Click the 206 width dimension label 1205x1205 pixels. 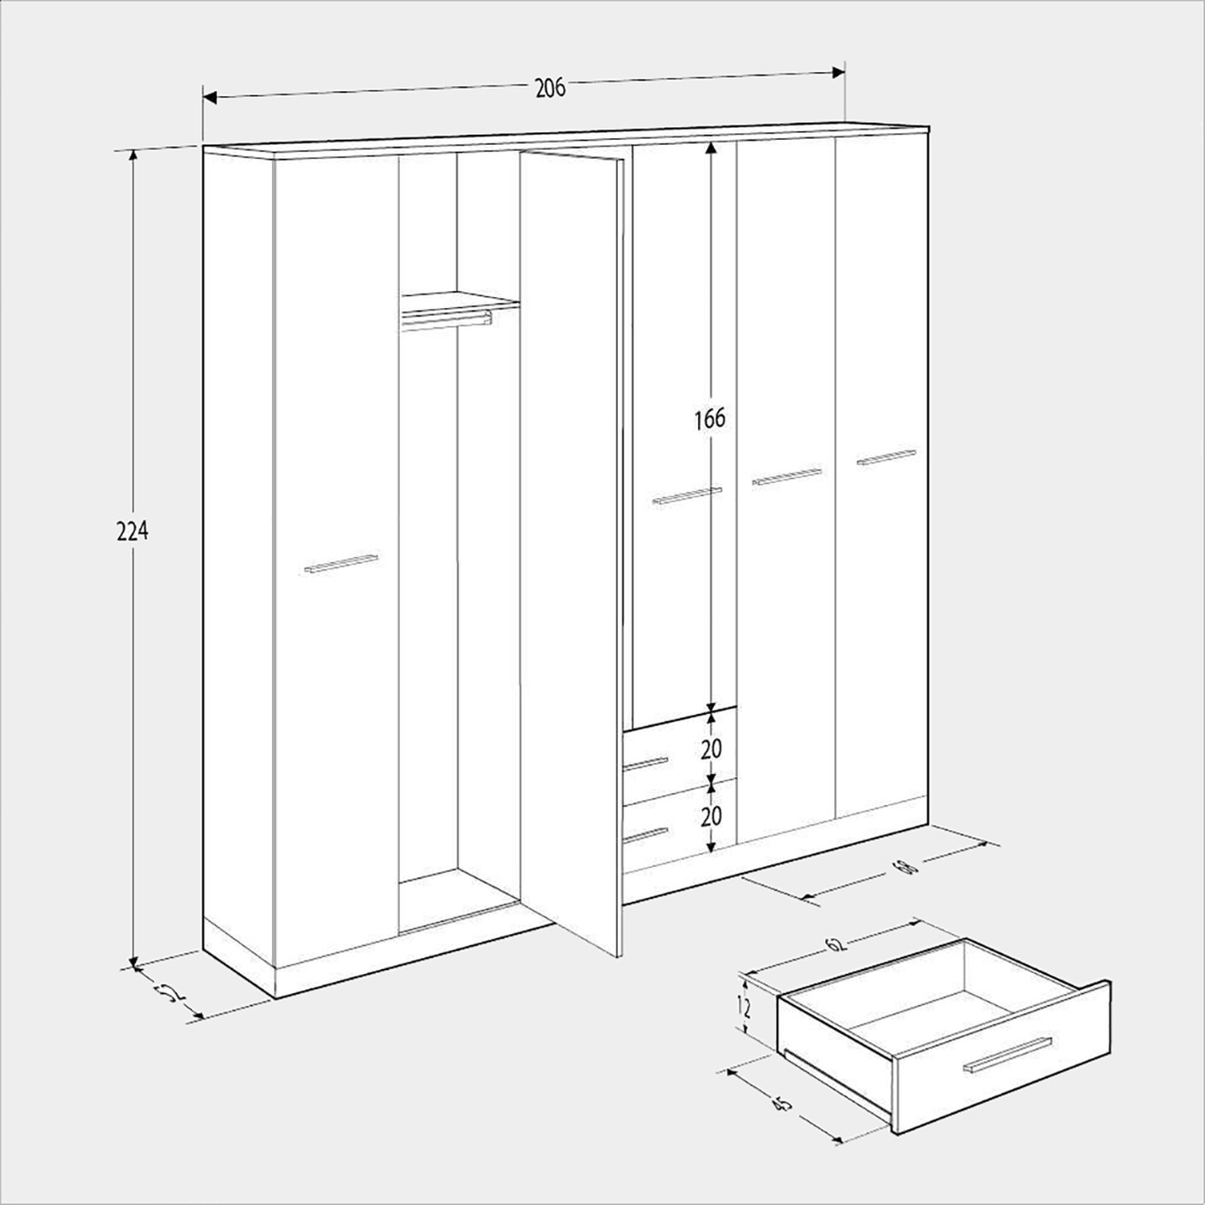551,88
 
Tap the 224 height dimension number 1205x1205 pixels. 132,531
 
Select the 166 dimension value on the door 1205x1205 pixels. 710,419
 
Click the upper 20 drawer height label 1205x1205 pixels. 711,749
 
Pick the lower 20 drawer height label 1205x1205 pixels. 711,816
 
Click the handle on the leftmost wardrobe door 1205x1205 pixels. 341,562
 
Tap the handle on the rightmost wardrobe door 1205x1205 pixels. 887,457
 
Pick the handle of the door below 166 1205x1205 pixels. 687,495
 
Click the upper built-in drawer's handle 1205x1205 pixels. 645,763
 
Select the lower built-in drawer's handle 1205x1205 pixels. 645,835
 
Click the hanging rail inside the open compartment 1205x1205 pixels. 447,320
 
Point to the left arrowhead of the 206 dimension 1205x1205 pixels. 210,98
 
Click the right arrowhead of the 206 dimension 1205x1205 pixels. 838,73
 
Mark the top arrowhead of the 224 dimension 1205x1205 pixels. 132,157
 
